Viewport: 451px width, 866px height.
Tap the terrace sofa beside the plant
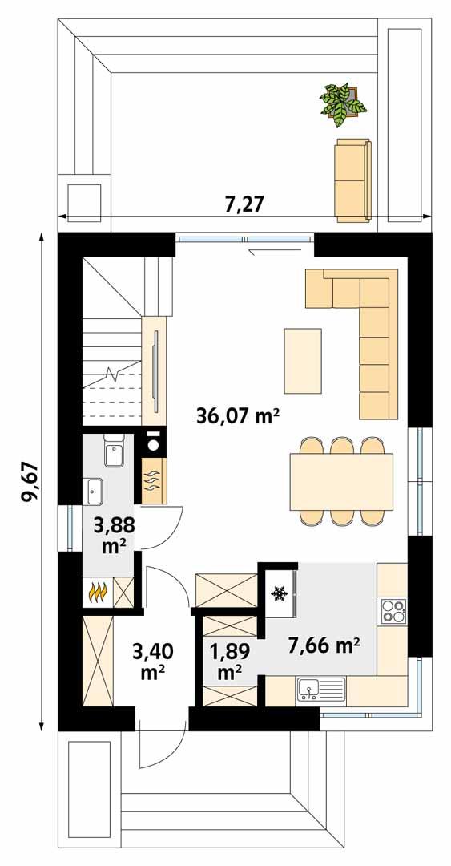pyautogui.click(x=352, y=180)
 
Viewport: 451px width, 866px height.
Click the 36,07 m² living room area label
pyautogui.click(x=238, y=415)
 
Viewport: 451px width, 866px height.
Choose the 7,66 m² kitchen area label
pyautogui.click(x=324, y=643)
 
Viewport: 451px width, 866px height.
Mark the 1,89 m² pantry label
pyautogui.click(x=229, y=660)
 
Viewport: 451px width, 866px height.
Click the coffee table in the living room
pyautogui.click(x=303, y=361)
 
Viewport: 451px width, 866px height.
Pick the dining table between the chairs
pyautogui.click(x=342, y=480)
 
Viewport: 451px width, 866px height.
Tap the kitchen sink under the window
pyautogui.click(x=320, y=689)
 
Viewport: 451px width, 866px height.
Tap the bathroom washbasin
pyautogui.click(x=95, y=488)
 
